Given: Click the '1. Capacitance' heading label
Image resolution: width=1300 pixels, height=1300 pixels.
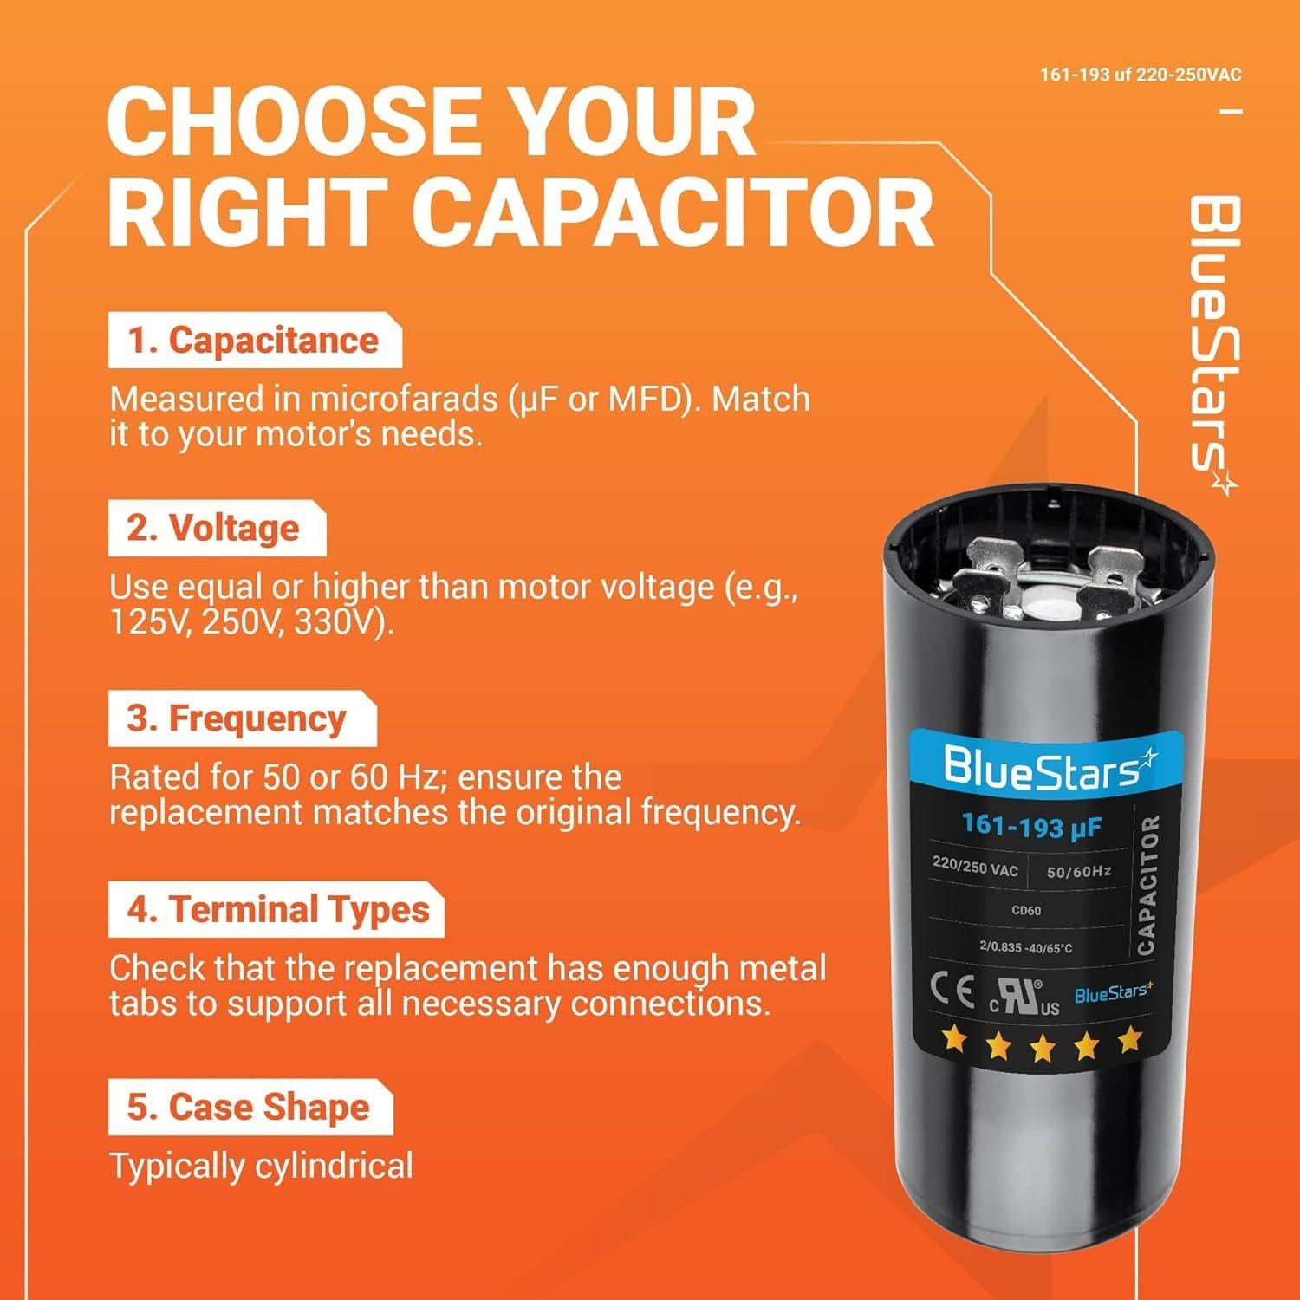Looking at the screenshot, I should [x=254, y=341].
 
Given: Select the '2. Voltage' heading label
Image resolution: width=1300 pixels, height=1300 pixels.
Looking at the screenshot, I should [x=216, y=528].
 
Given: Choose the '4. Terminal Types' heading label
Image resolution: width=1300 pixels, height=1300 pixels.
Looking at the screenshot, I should [x=275, y=910].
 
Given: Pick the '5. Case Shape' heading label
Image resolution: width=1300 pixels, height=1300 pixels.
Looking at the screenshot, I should [x=249, y=1107].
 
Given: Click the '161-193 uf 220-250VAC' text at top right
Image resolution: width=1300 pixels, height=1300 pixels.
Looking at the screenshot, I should [x=1141, y=75].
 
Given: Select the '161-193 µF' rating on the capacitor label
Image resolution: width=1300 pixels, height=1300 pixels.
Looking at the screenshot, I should [x=1031, y=826].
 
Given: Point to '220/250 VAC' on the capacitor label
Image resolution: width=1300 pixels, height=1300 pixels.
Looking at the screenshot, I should [x=975, y=867].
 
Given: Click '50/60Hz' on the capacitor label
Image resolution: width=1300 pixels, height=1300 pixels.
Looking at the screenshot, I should [x=1078, y=871].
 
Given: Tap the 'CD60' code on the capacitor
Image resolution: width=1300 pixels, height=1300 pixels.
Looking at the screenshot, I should [x=1026, y=910].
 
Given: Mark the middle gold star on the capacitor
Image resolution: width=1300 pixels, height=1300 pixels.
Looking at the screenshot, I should [x=1042, y=1048].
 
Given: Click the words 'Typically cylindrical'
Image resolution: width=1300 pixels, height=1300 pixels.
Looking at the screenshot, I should [x=261, y=1166].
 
